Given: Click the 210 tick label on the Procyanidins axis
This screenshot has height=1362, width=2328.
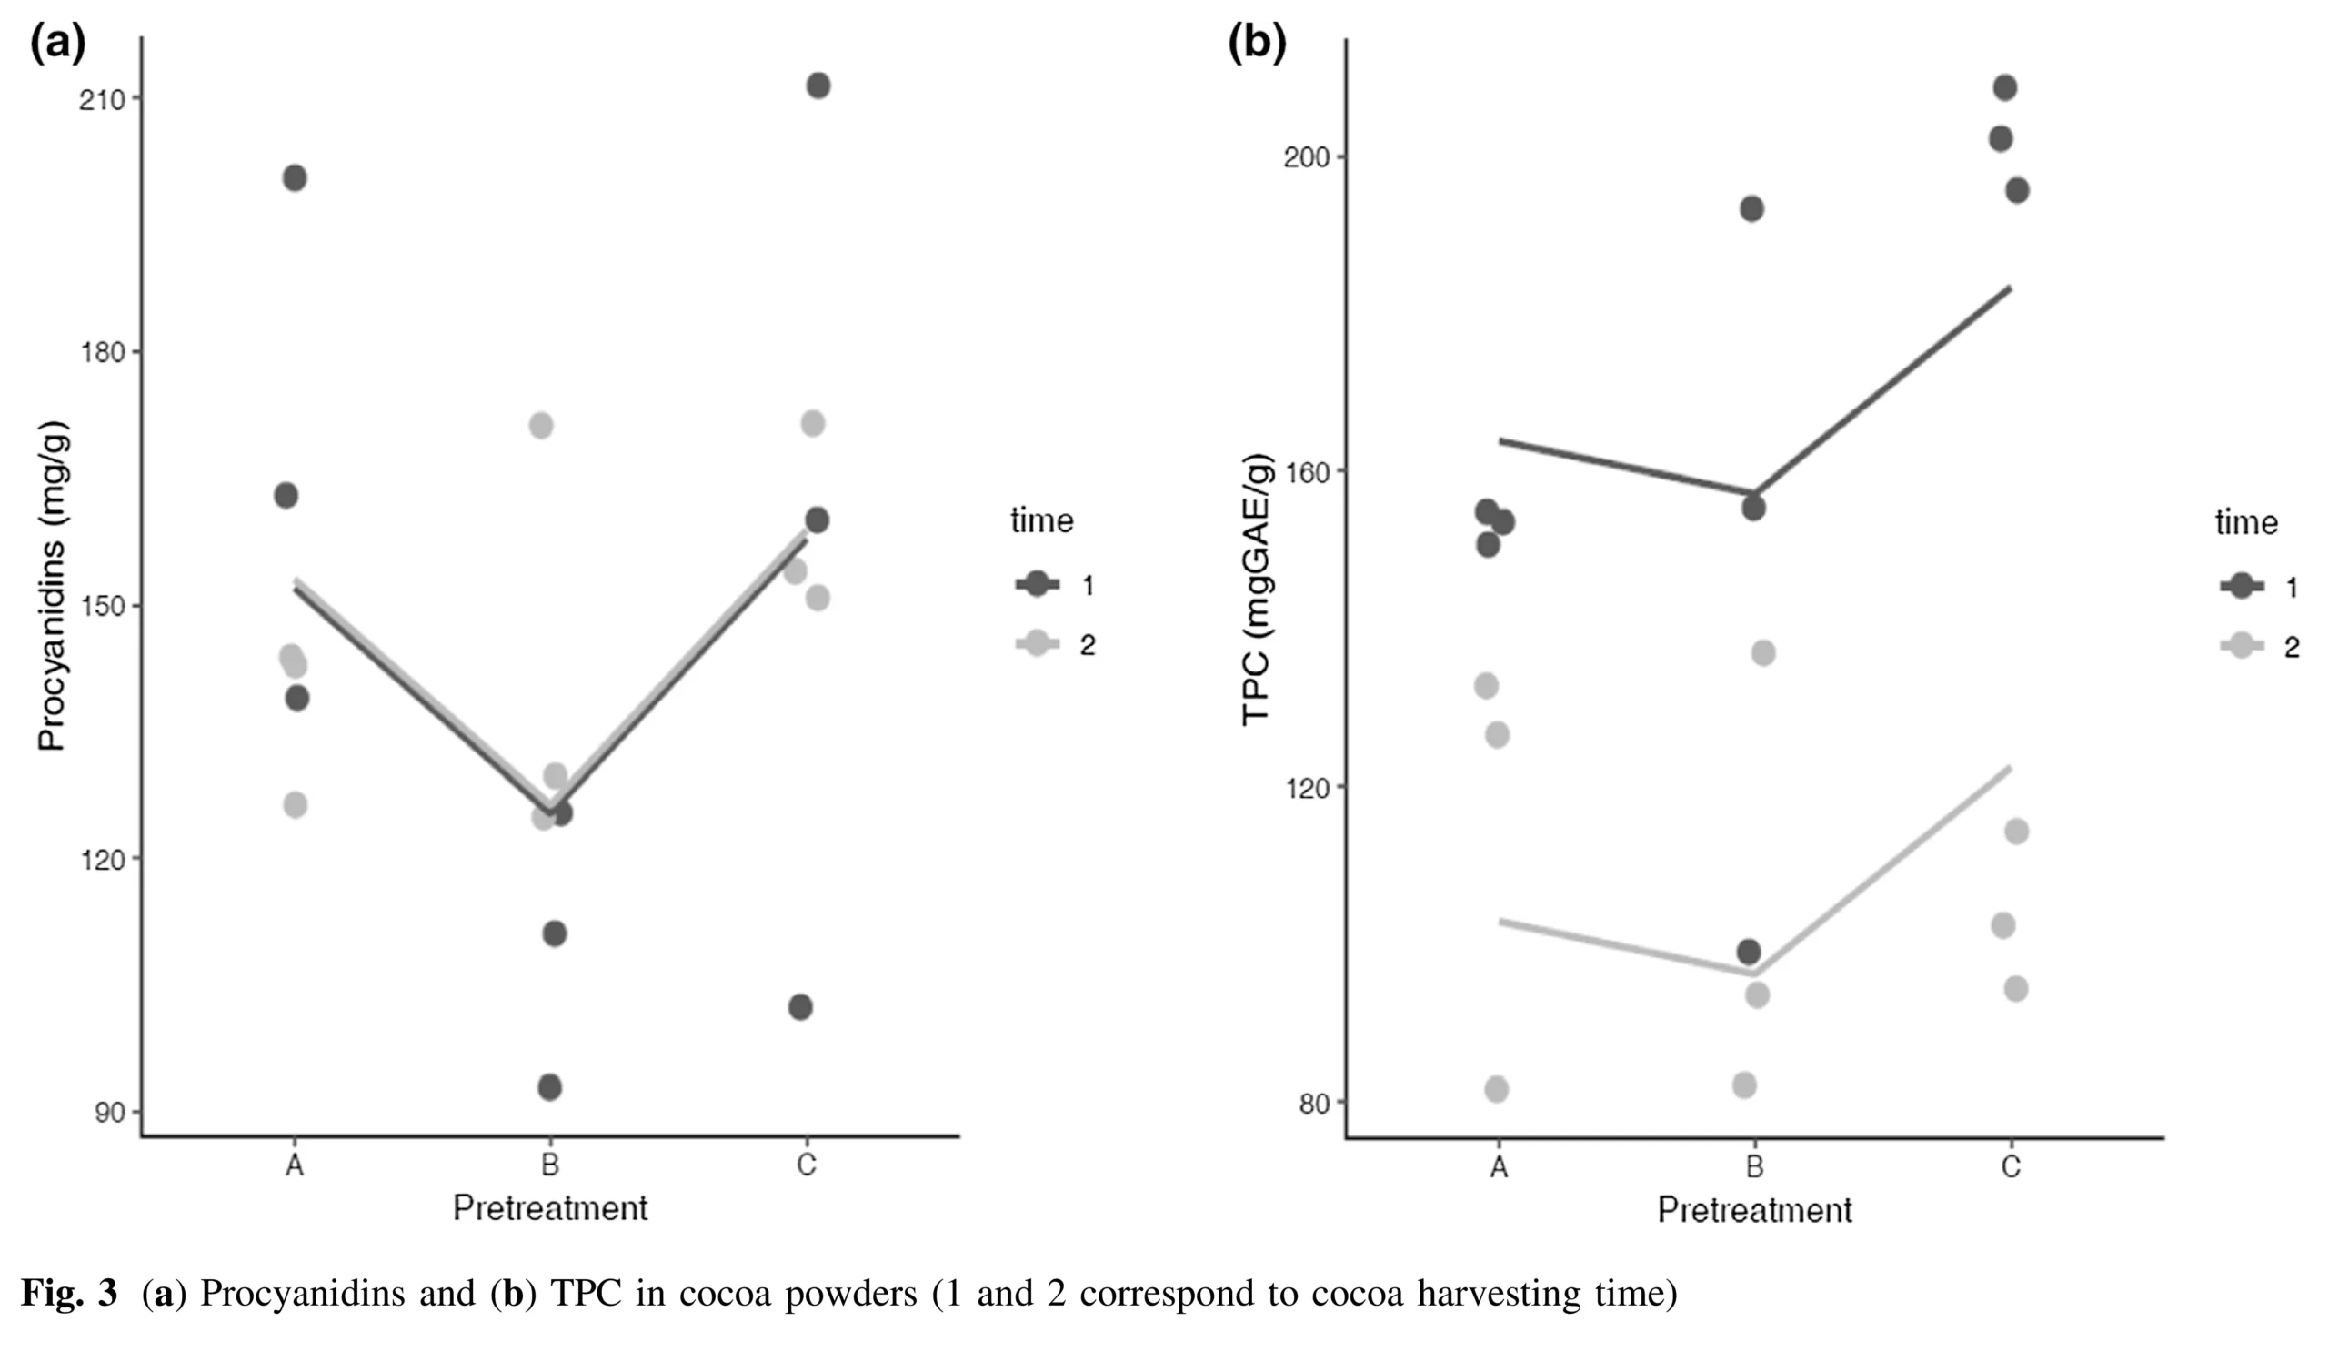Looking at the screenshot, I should [102, 100].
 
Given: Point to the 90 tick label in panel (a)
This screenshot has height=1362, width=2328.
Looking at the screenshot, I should [109, 1112].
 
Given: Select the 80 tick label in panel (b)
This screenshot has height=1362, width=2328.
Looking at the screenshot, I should [1314, 1105].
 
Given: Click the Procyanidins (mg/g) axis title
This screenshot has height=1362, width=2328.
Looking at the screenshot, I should [52, 586].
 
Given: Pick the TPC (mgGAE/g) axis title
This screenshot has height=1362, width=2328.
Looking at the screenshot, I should [1258, 590].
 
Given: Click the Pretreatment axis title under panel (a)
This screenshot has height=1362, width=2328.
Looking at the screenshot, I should [549, 1208].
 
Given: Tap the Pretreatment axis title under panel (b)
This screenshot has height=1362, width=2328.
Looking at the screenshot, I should [1754, 1210].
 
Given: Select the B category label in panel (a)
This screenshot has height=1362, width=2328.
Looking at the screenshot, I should [549, 1165].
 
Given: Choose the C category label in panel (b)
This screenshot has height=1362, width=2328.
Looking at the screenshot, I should [2011, 1167].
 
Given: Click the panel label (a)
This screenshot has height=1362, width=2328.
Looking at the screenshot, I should [57, 42].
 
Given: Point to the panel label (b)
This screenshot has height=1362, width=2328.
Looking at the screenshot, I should [1257, 42].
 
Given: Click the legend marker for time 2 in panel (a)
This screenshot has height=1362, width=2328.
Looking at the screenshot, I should [1038, 644].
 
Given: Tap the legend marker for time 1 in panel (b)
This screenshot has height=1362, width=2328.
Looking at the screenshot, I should [2243, 586].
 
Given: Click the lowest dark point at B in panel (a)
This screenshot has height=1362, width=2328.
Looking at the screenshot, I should [549, 1086].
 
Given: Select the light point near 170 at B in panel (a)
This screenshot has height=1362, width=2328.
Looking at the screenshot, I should [541, 426].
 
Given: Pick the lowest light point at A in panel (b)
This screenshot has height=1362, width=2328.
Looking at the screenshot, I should [1497, 1089].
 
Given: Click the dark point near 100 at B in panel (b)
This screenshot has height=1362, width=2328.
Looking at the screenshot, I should [1749, 952].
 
